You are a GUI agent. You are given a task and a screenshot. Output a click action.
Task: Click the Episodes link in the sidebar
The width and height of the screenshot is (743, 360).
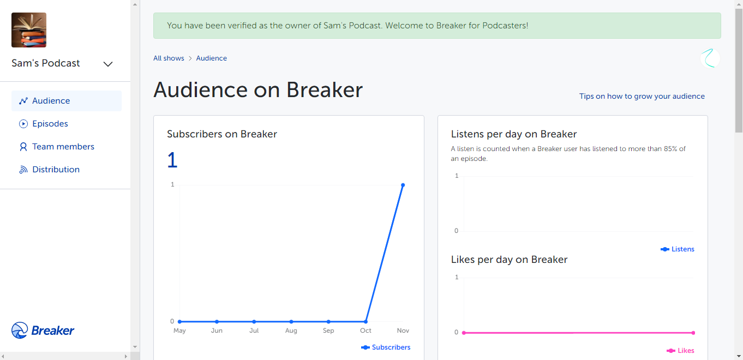click(50, 124)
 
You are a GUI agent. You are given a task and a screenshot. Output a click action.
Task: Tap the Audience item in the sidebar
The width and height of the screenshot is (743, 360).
click(67, 101)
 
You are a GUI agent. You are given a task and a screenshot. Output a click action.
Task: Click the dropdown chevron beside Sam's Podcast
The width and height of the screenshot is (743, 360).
click(108, 64)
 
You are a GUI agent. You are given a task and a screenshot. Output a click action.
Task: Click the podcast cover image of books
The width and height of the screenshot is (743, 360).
click(29, 30)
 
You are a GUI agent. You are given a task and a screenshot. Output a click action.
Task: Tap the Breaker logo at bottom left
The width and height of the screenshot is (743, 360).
click(43, 331)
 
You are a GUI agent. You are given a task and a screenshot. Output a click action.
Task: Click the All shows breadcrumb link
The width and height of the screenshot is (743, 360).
click(169, 58)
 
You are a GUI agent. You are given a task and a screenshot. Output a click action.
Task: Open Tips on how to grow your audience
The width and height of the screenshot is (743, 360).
click(642, 96)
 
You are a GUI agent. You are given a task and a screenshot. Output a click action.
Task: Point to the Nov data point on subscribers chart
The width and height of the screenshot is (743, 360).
click(403, 185)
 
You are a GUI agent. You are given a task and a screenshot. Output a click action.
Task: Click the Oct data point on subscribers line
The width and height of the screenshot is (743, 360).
click(365, 321)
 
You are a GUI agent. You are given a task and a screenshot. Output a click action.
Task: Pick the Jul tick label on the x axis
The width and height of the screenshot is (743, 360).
click(254, 331)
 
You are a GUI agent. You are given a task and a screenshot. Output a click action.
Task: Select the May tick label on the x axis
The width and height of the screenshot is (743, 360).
click(179, 331)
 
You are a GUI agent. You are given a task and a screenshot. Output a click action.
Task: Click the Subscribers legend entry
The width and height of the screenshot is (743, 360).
click(386, 347)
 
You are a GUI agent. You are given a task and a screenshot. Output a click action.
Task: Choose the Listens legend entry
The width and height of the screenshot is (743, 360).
click(678, 249)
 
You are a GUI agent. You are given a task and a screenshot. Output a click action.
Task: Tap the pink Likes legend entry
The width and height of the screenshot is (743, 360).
click(680, 351)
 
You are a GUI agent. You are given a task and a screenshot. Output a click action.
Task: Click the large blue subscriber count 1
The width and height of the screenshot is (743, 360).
click(172, 160)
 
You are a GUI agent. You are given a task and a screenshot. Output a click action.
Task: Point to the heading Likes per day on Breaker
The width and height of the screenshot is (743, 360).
click(509, 260)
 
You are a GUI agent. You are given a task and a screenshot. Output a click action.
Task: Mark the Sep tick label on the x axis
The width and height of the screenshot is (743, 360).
click(328, 331)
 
